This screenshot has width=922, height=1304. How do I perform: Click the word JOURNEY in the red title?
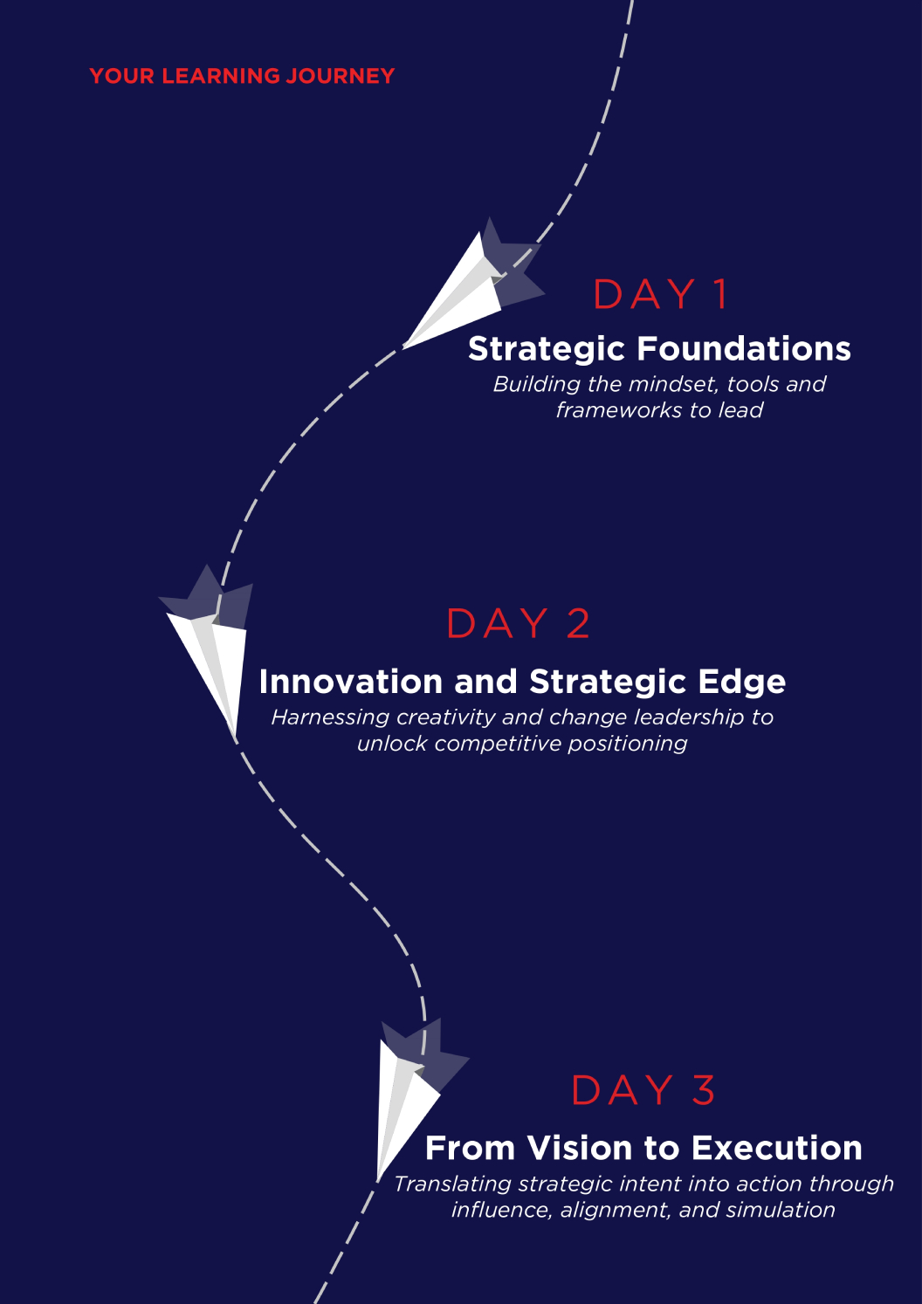pyautogui.click(x=341, y=76)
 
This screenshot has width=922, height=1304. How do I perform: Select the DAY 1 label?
pyautogui.click(x=660, y=294)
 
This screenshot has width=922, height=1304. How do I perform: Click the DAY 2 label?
pyautogui.click(x=519, y=623)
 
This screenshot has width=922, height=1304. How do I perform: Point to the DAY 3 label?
pyautogui.click(x=643, y=1090)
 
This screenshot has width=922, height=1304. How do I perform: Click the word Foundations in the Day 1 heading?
pyautogui.click(x=744, y=349)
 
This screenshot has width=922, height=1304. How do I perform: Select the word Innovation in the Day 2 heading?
pyautogui.click(x=351, y=681)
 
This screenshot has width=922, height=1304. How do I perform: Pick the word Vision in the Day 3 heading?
pyautogui.click(x=580, y=1148)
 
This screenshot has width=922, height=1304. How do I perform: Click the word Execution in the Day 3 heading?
pyautogui.click(x=777, y=1148)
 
